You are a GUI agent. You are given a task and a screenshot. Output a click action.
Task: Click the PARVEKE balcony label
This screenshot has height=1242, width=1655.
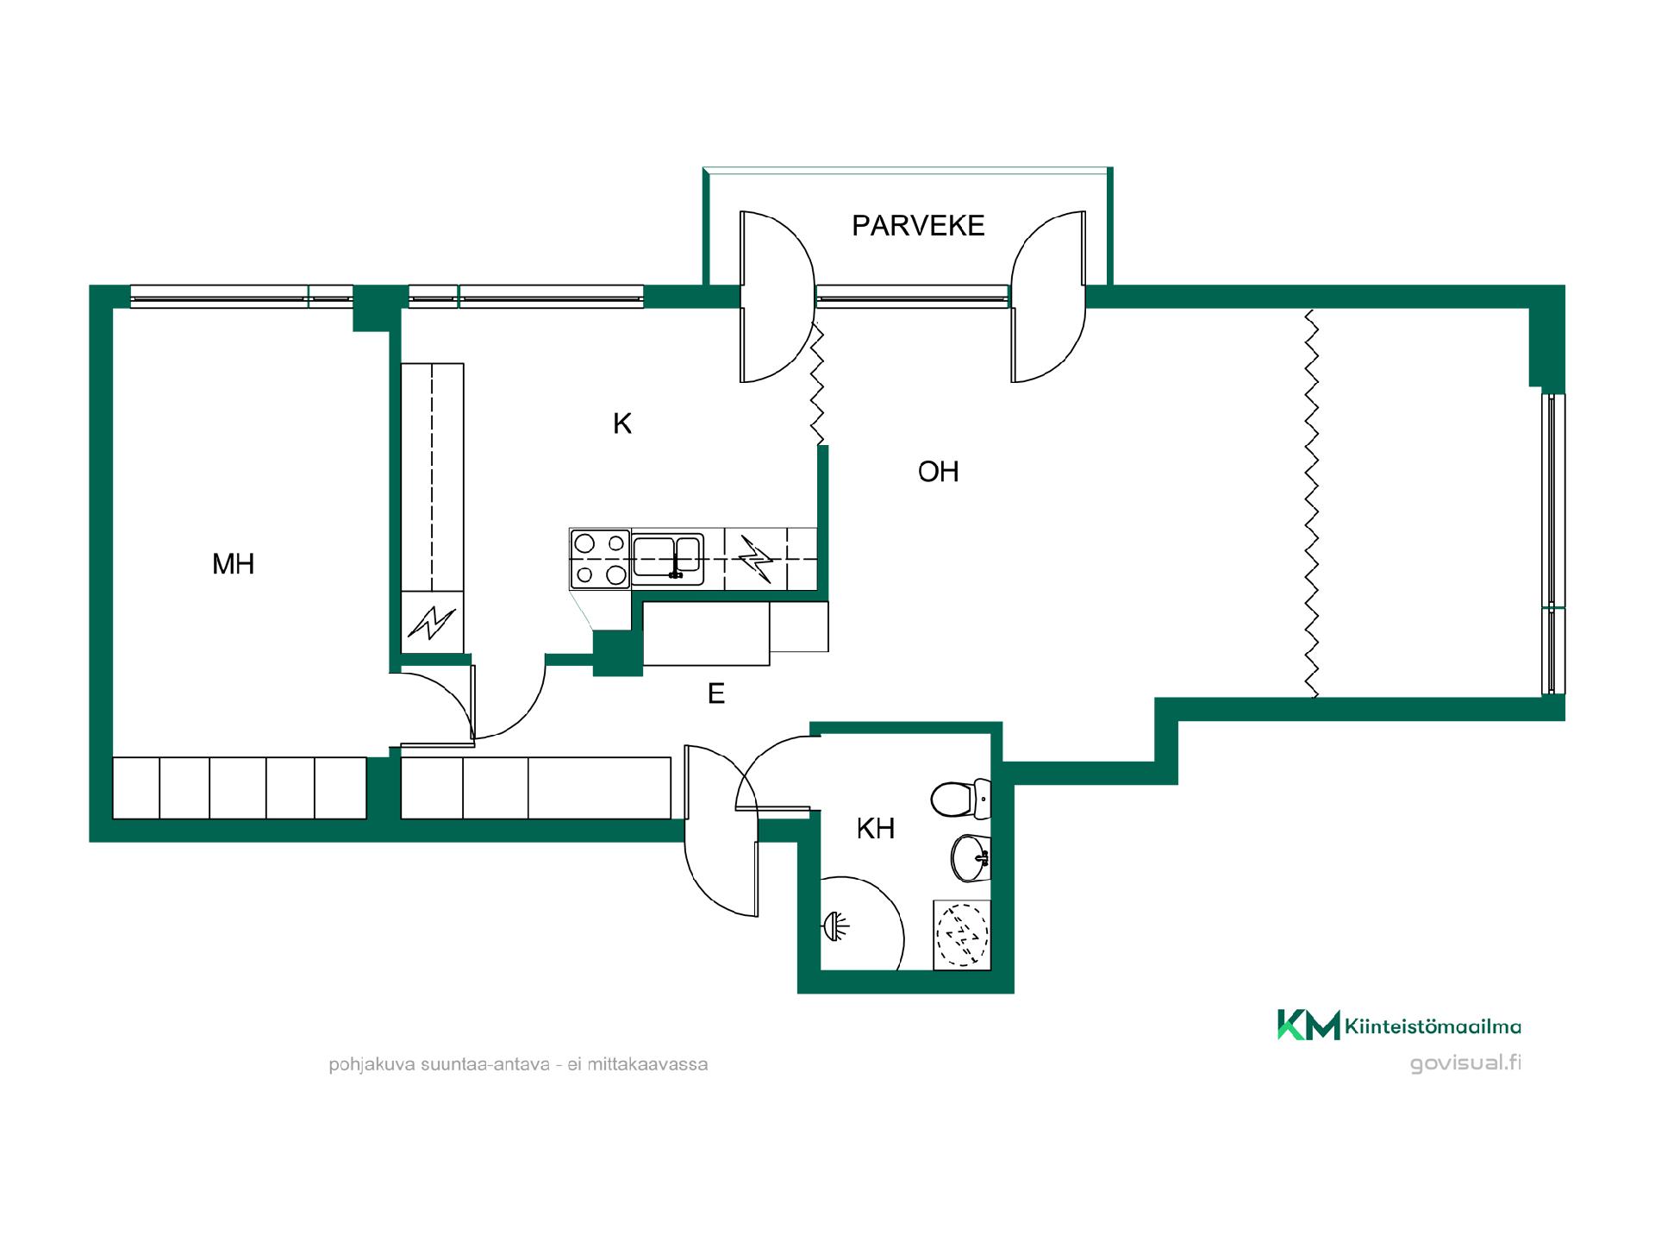pyautogui.click(x=918, y=226)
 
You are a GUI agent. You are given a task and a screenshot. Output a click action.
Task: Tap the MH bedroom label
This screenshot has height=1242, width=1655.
pyautogui.click(x=234, y=564)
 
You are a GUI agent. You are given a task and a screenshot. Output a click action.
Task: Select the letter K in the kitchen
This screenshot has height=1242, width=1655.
pyautogui.click(x=622, y=423)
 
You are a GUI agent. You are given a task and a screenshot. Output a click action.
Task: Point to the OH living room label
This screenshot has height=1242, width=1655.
pyautogui.click(x=939, y=472)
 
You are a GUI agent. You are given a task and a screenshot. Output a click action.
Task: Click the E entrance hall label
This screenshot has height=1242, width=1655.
pyautogui.click(x=716, y=693)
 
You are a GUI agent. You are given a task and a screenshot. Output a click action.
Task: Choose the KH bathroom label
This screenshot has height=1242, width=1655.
pyautogui.click(x=876, y=829)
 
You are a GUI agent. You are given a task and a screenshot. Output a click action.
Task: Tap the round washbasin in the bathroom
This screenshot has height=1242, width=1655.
pyautogui.click(x=971, y=858)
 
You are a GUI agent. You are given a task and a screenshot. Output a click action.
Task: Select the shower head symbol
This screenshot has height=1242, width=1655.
pyautogui.click(x=836, y=926)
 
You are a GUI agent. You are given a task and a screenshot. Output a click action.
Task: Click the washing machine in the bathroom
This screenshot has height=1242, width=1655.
pyautogui.click(x=962, y=935)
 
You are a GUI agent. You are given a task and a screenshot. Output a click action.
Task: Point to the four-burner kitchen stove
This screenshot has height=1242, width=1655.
pyautogui.click(x=600, y=559)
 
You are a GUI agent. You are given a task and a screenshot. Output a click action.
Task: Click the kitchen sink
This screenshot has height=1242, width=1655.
pyautogui.click(x=668, y=556)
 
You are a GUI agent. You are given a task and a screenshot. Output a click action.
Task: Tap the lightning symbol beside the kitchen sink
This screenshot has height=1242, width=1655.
pyautogui.click(x=756, y=559)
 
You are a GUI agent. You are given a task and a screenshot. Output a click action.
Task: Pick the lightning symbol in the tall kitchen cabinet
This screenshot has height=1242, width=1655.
pyautogui.click(x=432, y=622)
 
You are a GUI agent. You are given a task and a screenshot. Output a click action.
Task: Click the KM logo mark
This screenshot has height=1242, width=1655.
pyautogui.click(x=1308, y=1025)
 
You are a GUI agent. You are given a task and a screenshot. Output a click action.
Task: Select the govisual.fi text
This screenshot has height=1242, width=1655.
pyautogui.click(x=1465, y=1063)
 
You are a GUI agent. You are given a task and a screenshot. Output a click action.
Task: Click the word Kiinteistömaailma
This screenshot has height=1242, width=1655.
pyautogui.click(x=1433, y=1026)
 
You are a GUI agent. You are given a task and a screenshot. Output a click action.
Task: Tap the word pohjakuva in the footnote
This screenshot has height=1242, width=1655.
pyautogui.click(x=372, y=1065)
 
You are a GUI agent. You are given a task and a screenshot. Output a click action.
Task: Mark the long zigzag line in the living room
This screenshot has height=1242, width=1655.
pyautogui.click(x=1311, y=504)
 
